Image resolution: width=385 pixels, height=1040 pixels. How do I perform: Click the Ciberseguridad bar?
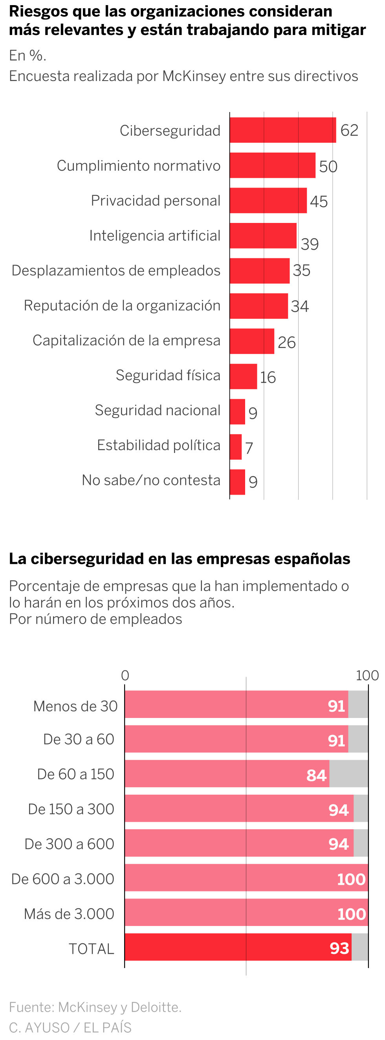point(282,130)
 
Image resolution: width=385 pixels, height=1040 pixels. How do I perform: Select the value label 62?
point(349,131)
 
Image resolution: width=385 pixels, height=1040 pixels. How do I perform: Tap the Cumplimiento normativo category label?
point(138,166)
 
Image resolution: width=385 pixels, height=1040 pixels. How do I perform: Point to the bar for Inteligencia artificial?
point(263,236)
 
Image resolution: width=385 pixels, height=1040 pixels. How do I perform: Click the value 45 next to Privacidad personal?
point(319,201)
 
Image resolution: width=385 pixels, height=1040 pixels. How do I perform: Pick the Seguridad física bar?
point(243,376)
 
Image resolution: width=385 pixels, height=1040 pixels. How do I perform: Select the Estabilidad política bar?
point(236,447)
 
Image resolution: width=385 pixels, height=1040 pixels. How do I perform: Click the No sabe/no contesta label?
point(151,480)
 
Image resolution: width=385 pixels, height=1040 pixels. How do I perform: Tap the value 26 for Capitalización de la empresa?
point(286,342)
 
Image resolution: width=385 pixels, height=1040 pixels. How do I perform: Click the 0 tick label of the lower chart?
point(125,675)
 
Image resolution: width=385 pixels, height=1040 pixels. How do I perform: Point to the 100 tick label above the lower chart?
point(367,675)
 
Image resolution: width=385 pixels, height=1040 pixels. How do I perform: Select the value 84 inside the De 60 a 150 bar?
point(316,775)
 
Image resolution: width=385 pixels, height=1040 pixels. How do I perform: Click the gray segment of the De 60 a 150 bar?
point(349,773)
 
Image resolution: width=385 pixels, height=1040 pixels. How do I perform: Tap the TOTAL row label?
point(91,948)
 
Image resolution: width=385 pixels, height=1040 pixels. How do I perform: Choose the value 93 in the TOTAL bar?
point(339,948)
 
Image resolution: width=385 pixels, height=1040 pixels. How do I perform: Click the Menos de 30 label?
point(75,706)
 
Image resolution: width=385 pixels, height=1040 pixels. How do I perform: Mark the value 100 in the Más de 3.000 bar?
point(351,914)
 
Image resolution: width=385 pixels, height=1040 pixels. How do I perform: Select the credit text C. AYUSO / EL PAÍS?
point(70,1027)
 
